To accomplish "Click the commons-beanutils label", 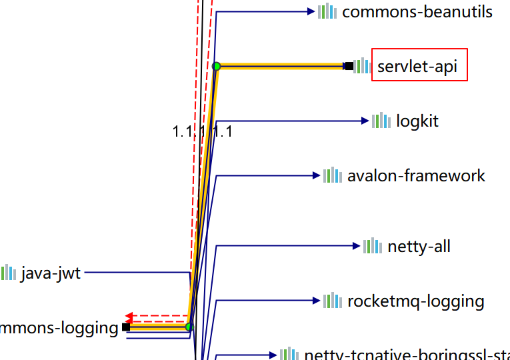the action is [x=417, y=11].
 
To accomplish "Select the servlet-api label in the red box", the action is [x=419, y=66].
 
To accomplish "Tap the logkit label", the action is [x=417, y=121].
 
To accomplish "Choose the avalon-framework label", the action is [x=416, y=176].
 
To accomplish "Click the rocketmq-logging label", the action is [x=415, y=301].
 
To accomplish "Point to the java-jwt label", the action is [x=51, y=273].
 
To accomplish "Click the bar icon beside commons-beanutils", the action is [x=327, y=11].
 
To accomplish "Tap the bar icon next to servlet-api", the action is [x=361, y=66].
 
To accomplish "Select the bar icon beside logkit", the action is [x=381, y=121].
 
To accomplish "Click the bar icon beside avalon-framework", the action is [x=332, y=176].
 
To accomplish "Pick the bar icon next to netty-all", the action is [x=373, y=247].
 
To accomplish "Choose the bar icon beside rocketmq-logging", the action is [x=332, y=301].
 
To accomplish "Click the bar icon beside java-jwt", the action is [x=8, y=273].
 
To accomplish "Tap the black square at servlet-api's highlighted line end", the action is [x=349, y=66].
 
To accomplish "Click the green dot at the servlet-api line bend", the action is [x=217, y=66].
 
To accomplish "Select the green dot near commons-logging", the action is [x=189, y=327].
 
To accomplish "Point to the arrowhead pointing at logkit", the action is [x=365, y=121].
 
